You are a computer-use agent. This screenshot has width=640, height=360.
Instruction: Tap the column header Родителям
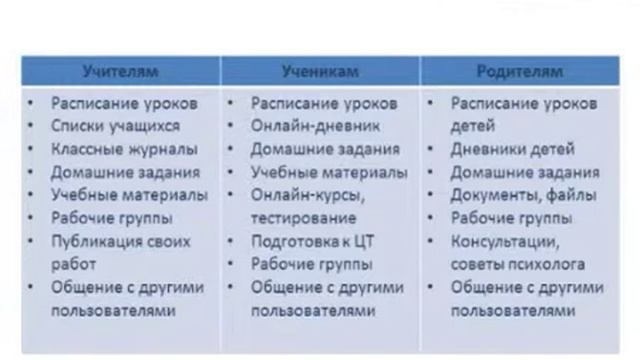point(520,72)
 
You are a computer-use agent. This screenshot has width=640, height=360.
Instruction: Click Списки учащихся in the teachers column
point(116,126)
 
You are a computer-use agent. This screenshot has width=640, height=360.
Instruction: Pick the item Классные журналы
point(124,149)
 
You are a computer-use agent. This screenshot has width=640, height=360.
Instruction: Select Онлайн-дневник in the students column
point(310,126)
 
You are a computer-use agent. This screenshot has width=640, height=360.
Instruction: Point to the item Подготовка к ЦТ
point(312,242)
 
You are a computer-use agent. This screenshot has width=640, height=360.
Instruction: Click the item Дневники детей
point(512,149)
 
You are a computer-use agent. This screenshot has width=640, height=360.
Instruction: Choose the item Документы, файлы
point(523,195)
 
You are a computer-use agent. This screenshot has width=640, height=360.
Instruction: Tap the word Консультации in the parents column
point(504,242)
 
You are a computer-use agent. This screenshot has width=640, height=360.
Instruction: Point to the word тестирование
point(303,217)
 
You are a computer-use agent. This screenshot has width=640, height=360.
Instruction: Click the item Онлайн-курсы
point(304,195)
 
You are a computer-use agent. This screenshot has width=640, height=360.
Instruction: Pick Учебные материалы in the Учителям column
point(129,195)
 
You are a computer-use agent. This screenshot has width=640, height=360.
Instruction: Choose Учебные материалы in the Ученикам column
point(329,172)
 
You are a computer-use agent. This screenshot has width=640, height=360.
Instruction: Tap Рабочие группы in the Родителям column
point(511,218)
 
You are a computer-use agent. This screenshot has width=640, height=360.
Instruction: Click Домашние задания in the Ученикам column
point(325,149)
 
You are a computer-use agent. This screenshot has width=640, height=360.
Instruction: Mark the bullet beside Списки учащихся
point(34,126)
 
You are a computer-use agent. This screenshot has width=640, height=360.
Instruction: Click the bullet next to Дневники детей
point(432,149)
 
